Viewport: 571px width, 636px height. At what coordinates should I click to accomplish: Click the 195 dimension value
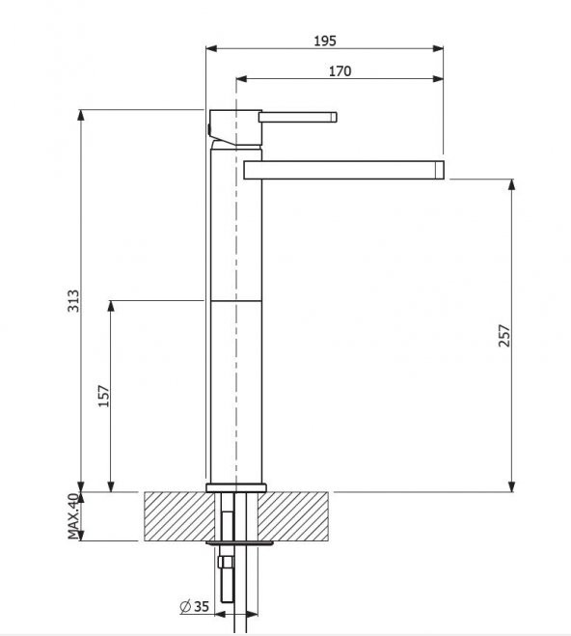[325, 41]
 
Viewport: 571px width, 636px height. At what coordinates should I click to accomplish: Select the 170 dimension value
[340, 71]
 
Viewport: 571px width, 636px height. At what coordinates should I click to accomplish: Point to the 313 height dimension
[73, 300]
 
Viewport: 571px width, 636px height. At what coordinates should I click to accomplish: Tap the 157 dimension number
[104, 396]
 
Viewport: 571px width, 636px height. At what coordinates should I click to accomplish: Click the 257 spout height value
[504, 336]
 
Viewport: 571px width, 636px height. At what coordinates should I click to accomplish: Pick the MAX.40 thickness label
[73, 516]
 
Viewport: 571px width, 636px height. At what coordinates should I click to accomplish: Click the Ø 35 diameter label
[194, 606]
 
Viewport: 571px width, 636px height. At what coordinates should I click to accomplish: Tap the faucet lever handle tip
[334, 117]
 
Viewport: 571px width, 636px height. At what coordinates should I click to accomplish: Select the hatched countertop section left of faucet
[178, 516]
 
